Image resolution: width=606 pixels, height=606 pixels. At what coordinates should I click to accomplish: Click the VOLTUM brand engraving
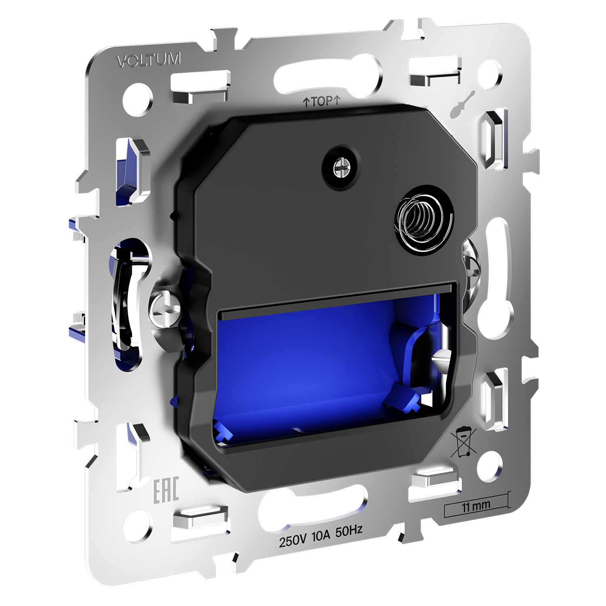(149, 60)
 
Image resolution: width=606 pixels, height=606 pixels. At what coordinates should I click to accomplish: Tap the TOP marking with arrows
(322, 101)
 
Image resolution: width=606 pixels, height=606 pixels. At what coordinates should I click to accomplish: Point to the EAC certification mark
(166, 490)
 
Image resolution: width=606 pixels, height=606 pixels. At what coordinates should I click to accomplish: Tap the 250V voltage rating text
(293, 540)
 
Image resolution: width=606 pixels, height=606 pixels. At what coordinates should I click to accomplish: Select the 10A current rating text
(321, 536)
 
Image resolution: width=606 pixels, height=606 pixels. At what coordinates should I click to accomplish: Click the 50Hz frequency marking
(349, 531)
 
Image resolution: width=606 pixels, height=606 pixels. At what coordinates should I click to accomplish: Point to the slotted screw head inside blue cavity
(442, 358)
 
